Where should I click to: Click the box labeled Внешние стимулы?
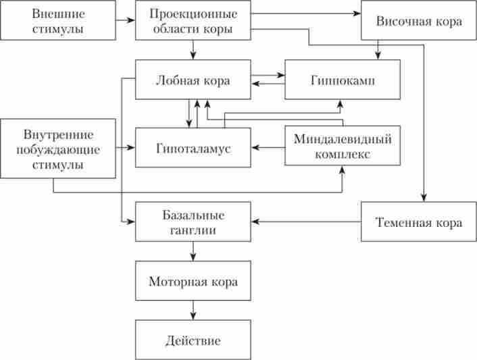(57, 20)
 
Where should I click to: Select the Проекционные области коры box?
(193, 20)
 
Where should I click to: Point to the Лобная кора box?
(193, 80)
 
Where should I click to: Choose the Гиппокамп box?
(343, 80)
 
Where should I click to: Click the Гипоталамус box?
(193, 147)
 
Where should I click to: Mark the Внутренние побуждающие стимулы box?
(57, 148)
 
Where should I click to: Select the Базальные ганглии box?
(193, 222)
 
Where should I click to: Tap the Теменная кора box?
(419, 222)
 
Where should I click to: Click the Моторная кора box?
(193, 280)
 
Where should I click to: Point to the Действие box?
(193, 340)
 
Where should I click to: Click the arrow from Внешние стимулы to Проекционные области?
(125, 20)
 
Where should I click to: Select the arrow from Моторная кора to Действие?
(193, 310)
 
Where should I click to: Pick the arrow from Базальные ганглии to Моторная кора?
(193, 251)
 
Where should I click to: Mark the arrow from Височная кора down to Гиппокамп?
(378, 49)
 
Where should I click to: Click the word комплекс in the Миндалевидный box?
(343, 154)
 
